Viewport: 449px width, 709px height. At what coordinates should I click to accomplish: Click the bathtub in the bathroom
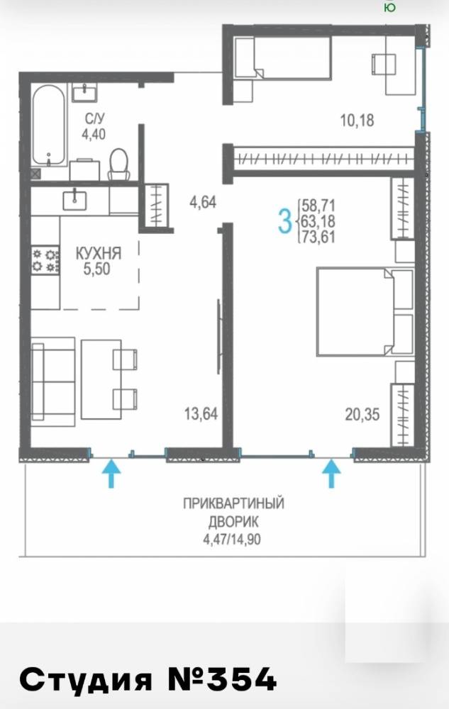(x=48, y=124)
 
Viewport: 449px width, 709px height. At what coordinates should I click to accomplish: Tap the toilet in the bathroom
(x=118, y=164)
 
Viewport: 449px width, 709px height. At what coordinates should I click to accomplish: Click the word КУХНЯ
(x=99, y=253)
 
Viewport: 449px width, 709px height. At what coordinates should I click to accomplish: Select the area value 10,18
(x=357, y=120)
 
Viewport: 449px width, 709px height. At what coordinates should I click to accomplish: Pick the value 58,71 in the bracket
(x=318, y=206)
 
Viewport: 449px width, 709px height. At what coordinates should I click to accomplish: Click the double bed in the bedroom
(x=365, y=311)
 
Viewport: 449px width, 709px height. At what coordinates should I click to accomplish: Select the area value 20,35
(x=357, y=413)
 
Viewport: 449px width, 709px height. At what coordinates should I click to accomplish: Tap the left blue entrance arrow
(x=111, y=473)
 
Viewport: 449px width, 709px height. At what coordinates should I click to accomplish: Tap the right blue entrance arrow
(x=331, y=473)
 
